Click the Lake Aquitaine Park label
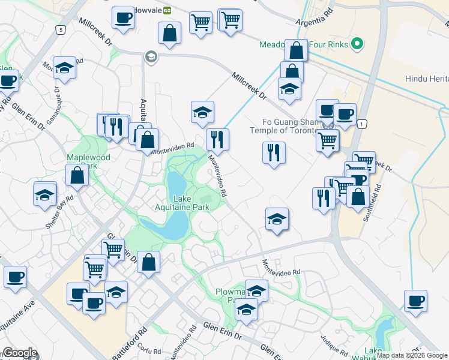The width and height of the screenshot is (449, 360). point(190,203)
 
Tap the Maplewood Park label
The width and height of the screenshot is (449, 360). point(88,161)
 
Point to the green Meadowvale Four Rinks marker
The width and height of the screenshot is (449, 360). point(357,44)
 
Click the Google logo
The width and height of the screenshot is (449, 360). point(19,353)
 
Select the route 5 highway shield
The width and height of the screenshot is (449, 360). point(61,29)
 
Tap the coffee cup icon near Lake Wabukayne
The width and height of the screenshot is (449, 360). point(415,300)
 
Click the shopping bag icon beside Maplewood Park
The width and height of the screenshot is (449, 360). point(77,175)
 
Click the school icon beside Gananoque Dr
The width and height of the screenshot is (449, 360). point(64,69)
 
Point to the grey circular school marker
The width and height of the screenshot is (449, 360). point(151,57)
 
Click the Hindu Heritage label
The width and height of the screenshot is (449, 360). point(427,79)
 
